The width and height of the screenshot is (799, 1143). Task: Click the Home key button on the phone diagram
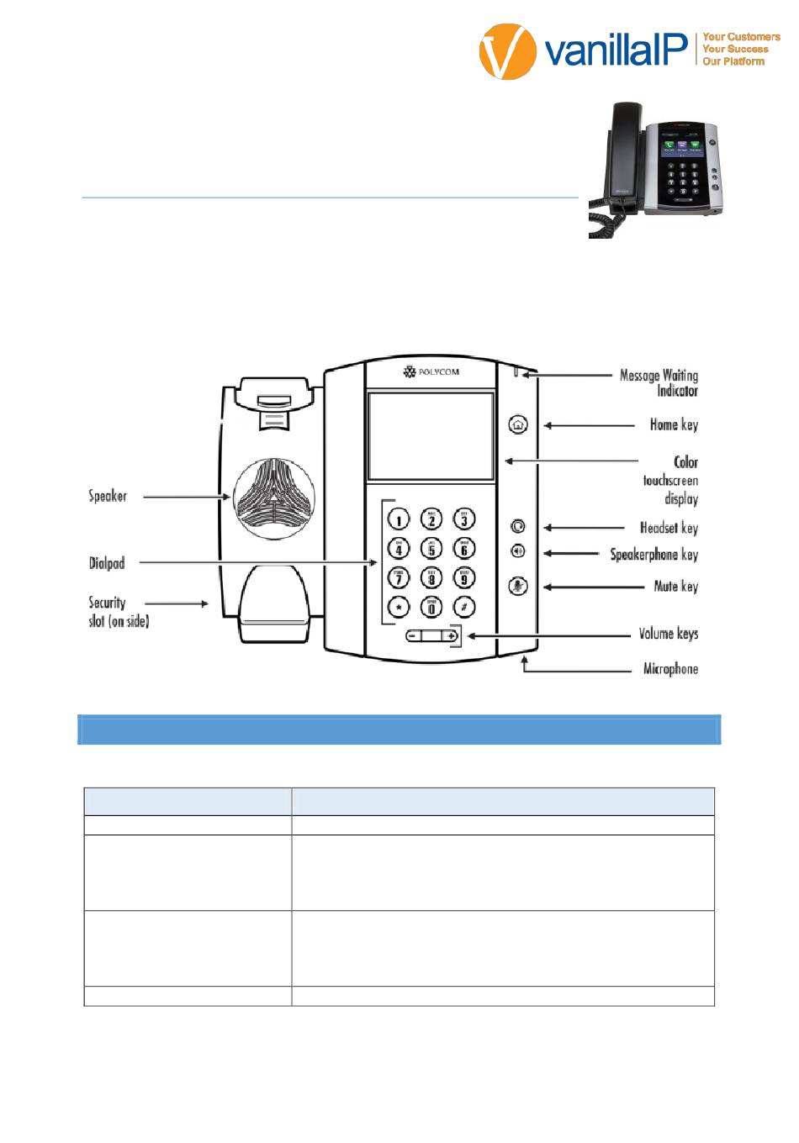[518, 424]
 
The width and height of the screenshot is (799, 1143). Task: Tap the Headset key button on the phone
[518, 527]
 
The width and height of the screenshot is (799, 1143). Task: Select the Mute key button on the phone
[518, 587]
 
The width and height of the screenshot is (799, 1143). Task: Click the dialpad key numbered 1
[399, 519]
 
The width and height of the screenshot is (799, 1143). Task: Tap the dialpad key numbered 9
[463, 578]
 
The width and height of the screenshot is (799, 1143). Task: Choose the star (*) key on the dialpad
[399, 607]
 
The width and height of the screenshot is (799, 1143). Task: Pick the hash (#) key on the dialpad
[463, 607]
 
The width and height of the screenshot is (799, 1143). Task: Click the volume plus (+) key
[451, 636]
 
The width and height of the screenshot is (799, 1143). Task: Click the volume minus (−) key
[412, 636]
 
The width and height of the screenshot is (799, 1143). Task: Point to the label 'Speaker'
[108, 496]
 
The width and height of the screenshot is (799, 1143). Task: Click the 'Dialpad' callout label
[107, 563]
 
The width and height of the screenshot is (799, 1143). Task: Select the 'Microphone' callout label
[670, 669]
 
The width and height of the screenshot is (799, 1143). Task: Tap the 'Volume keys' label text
[668, 634]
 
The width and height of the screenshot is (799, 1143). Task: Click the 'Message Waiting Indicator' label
[659, 383]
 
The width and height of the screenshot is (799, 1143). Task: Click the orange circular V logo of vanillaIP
[508, 52]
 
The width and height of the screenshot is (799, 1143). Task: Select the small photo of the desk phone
[655, 169]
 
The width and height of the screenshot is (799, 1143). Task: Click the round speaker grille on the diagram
[272, 498]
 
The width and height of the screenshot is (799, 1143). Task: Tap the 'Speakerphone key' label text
[654, 555]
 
